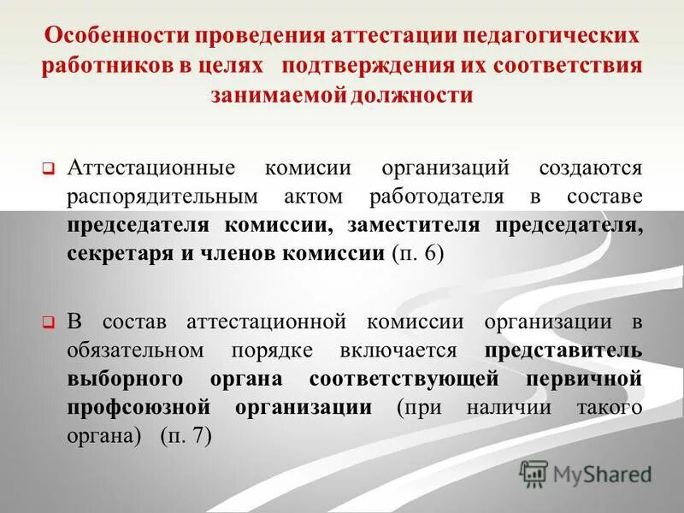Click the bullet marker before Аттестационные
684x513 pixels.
pyautogui.click(x=49, y=169)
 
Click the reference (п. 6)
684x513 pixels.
pyautogui.click(x=417, y=255)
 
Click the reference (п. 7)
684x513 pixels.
pyautogui.click(x=186, y=435)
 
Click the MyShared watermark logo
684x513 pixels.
pyautogui.click(x=586, y=473)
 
